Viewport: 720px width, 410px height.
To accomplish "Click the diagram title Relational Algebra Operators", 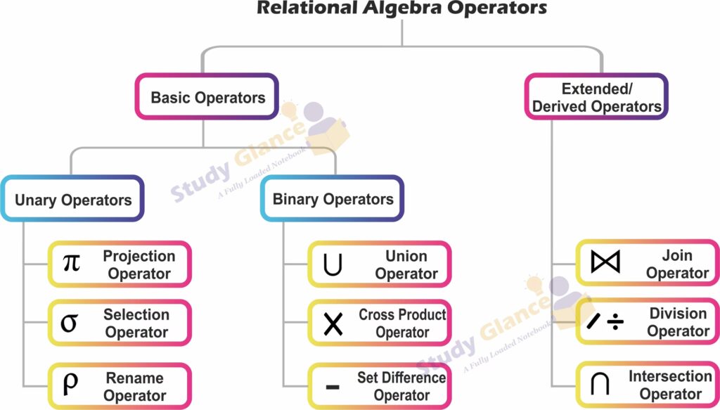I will coord(401,8).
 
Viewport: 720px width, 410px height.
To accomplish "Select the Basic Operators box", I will coord(207,97).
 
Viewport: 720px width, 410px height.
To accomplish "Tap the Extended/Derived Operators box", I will coord(596,98).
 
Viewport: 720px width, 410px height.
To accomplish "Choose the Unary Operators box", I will coord(73,200).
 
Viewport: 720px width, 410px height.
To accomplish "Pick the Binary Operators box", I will coord(333,199).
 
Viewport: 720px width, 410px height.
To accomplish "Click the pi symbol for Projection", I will coord(71,264).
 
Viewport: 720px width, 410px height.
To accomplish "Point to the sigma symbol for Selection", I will coord(69,323).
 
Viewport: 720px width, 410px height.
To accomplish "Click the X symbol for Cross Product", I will coord(333,323).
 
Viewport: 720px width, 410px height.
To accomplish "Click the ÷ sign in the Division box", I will coord(616,323).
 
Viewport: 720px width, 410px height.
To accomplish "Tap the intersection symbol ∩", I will coord(600,385).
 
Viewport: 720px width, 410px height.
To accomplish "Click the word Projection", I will coord(139,256).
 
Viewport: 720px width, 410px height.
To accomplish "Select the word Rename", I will coord(134,378).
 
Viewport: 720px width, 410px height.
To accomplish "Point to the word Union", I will coord(406,256).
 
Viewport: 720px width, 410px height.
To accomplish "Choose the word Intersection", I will coord(670,376).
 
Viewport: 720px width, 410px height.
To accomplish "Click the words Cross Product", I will coord(402,315).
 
